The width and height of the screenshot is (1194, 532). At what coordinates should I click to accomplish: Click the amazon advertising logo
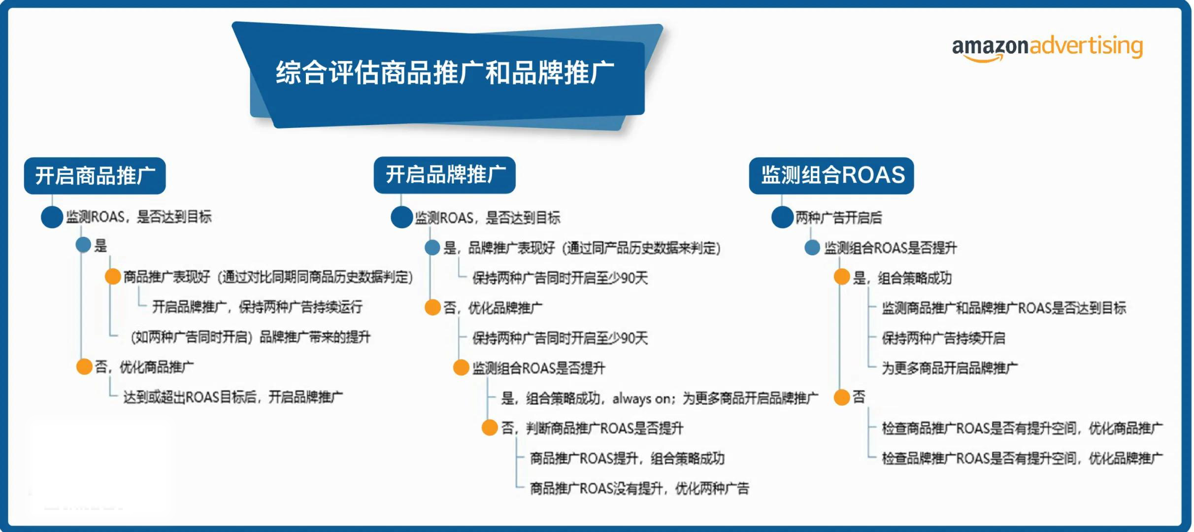[1047, 48]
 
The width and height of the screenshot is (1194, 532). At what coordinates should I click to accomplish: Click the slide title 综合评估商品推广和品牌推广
[445, 72]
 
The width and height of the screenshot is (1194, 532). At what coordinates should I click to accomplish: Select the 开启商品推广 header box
[95, 176]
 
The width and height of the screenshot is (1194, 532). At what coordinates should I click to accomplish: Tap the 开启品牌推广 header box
[444, 175]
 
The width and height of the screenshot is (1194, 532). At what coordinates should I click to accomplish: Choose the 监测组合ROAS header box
[831, 175]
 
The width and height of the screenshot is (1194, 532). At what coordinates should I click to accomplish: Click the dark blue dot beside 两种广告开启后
[782, 217]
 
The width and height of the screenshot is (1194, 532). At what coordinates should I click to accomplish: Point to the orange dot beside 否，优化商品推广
[84, 367]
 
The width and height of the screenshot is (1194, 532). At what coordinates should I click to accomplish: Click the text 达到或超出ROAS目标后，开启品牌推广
[233, 397]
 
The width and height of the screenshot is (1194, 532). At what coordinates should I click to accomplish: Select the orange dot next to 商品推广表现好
[113, 276]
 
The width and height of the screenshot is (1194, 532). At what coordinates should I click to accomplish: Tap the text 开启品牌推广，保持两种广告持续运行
[257, 307]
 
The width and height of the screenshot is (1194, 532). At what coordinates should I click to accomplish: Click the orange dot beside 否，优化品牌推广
[432, 307]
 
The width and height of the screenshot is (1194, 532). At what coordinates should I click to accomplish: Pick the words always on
[640, 399]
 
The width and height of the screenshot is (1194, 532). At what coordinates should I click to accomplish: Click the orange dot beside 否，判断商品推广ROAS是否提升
[490, 428]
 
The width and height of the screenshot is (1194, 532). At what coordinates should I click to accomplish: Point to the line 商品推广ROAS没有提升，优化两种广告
[639, 488]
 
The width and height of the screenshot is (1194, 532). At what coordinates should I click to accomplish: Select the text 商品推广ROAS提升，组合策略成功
[627, 458]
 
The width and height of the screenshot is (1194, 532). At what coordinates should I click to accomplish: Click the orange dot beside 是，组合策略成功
[842, 277]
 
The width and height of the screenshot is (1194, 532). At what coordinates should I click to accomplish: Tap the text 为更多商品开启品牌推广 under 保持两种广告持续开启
[950, 368]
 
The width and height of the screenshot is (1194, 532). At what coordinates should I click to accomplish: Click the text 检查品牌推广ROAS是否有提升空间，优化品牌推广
[1022, 458]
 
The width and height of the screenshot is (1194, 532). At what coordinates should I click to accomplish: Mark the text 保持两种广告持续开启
[943, 338]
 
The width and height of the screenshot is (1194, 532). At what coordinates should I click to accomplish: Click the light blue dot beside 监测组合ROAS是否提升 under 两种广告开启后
[812, 247]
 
